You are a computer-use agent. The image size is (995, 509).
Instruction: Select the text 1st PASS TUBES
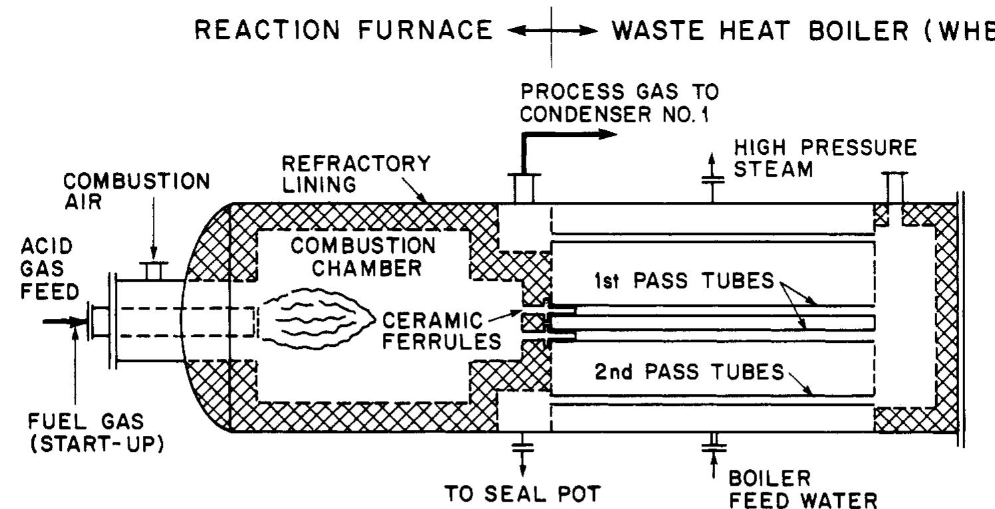pyautogui.click(x=682, y=282)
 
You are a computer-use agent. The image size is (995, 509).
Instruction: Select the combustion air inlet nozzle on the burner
pyautogui.click(x=154, y=270)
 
